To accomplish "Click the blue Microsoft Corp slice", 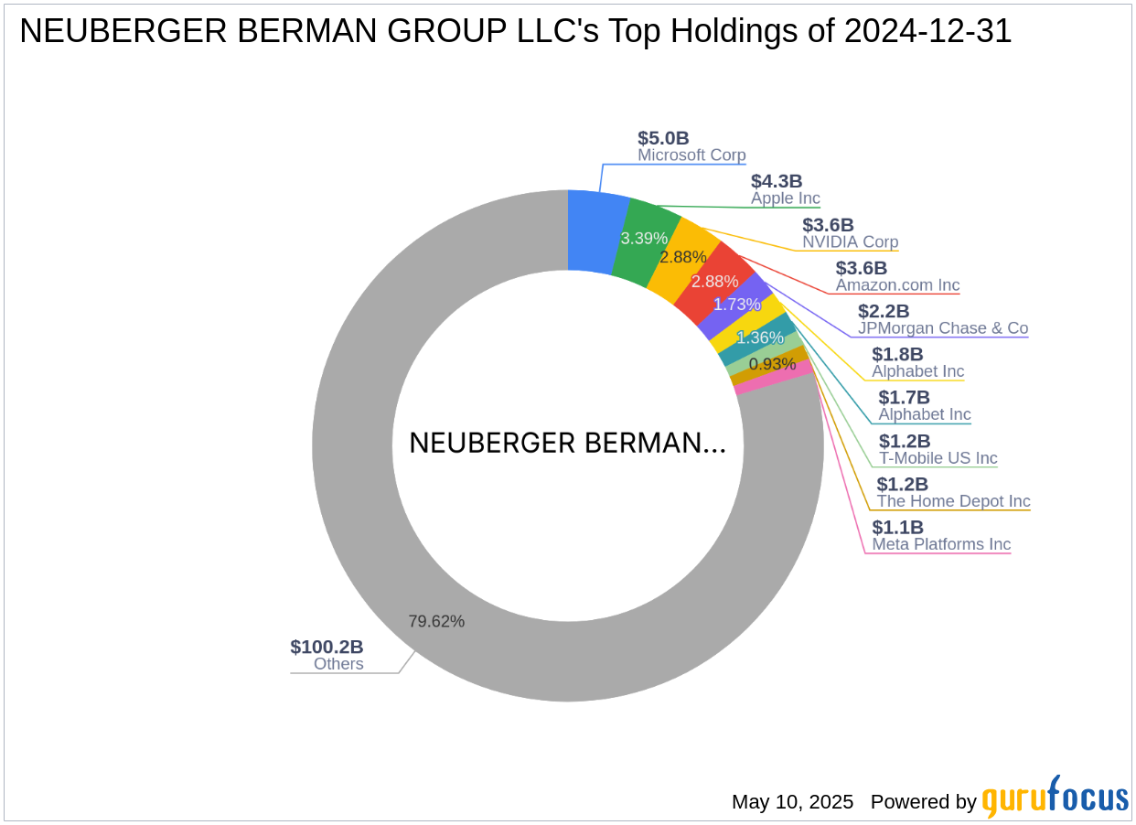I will (596, 231).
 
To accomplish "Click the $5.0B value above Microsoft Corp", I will (663, 138).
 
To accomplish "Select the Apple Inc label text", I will (785, 198).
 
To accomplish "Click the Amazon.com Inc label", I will (897, 285).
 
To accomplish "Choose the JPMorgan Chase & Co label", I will (942, 328).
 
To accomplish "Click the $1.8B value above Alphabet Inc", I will (897, 354).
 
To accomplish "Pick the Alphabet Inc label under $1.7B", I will (924, 414).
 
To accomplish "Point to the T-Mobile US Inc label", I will (938, 458).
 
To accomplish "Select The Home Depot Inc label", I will (953, 501).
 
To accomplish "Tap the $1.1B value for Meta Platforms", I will (897, 527).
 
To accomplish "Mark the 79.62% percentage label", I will (436, 622).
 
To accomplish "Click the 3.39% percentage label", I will (644, 239).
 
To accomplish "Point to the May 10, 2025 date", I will (792, 802).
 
